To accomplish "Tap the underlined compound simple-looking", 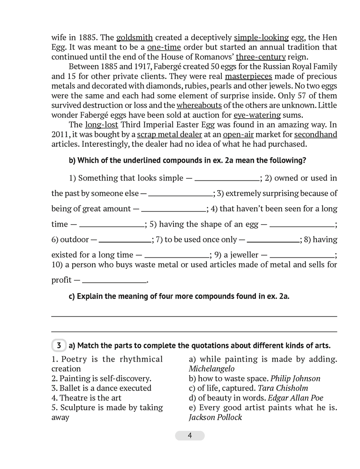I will tap(262, 38).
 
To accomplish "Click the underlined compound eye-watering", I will tap(257, 114).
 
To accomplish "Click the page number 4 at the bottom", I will tap(189, 436).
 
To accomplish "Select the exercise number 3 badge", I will tap(59, 346).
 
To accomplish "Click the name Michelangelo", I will tap(211, 369).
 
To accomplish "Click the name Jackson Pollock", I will tap(215, 417).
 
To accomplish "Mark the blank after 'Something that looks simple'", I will tap(227, 179).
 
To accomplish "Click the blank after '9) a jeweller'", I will tap(303, 256).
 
